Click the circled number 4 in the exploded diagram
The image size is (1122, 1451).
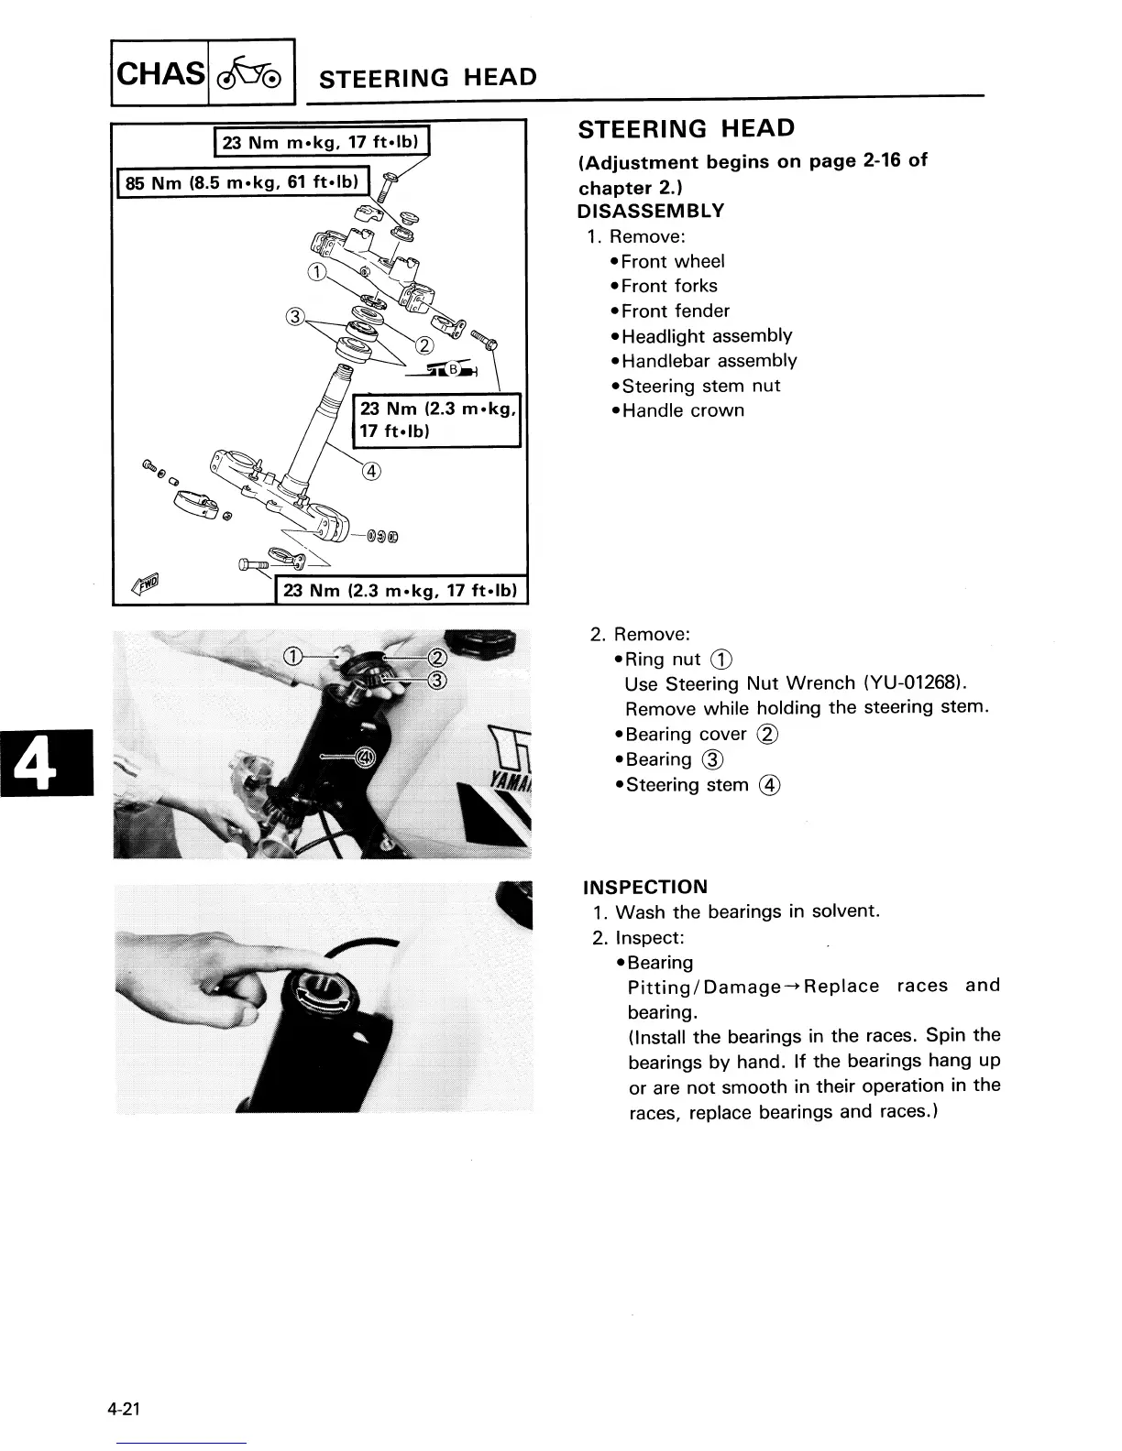point(371,472)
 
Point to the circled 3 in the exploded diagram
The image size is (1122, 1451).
point(294,318)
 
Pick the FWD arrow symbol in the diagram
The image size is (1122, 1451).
point(146,582)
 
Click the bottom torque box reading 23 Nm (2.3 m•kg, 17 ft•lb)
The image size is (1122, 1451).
point(401,591)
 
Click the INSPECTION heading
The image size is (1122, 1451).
point(645,887)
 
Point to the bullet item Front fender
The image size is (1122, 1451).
point(675,311)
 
